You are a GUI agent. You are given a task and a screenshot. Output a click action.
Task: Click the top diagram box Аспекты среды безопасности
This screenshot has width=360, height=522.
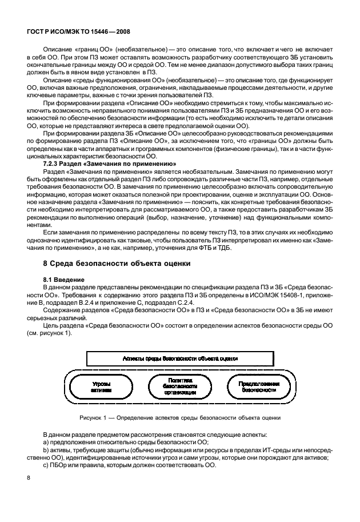point(181,358)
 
